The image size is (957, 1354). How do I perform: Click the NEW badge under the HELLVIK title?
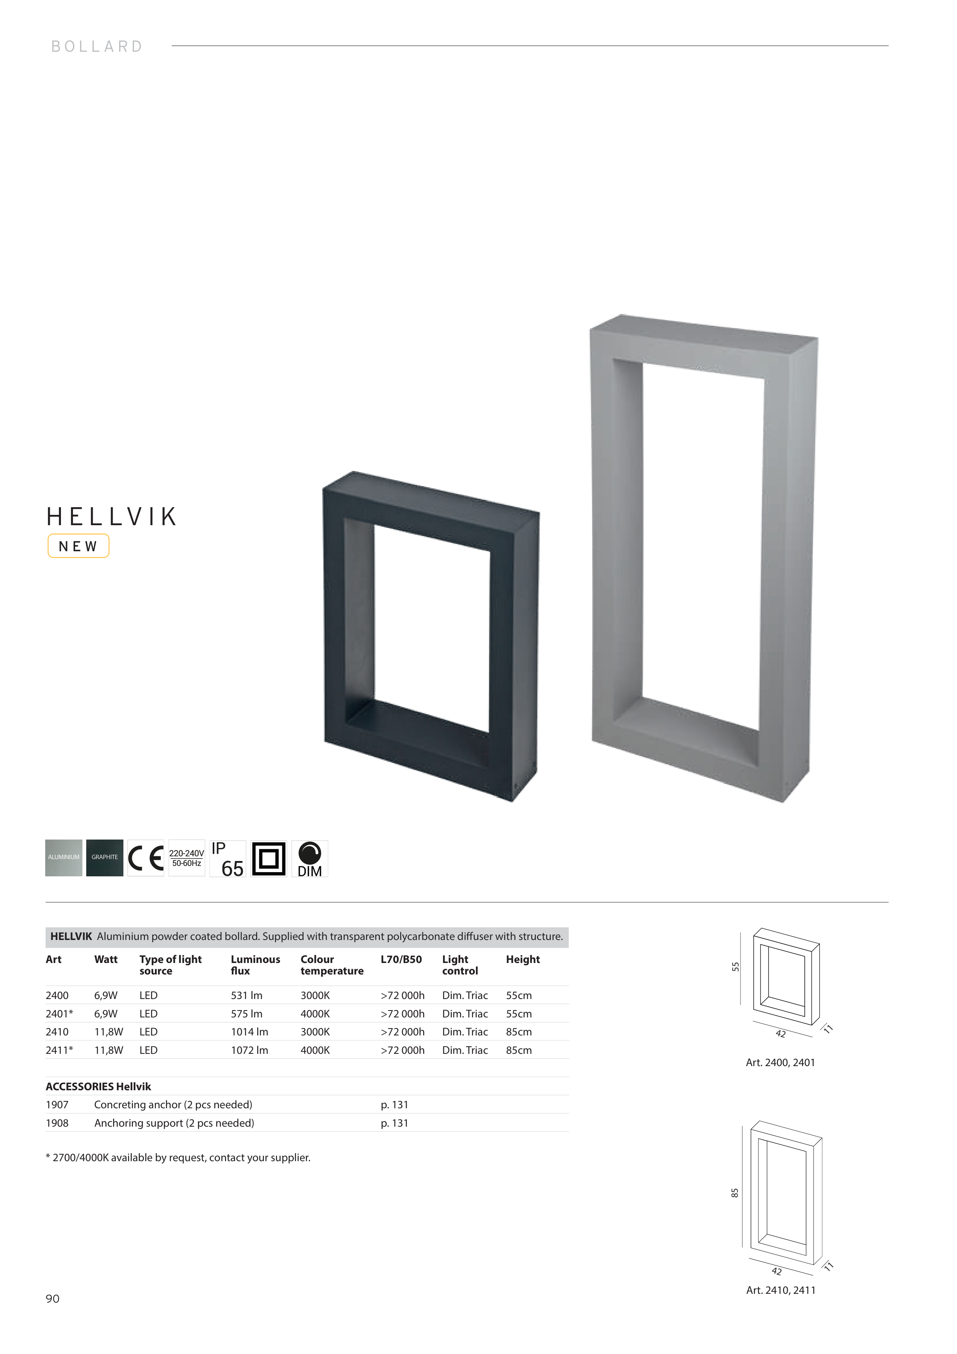pos(79,546)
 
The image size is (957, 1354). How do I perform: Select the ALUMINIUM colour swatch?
pos(64,858)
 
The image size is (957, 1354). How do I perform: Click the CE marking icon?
pos(146,858)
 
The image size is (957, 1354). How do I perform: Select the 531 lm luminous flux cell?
pos(246,996)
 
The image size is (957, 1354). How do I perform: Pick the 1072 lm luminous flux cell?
pos(250,1050)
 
